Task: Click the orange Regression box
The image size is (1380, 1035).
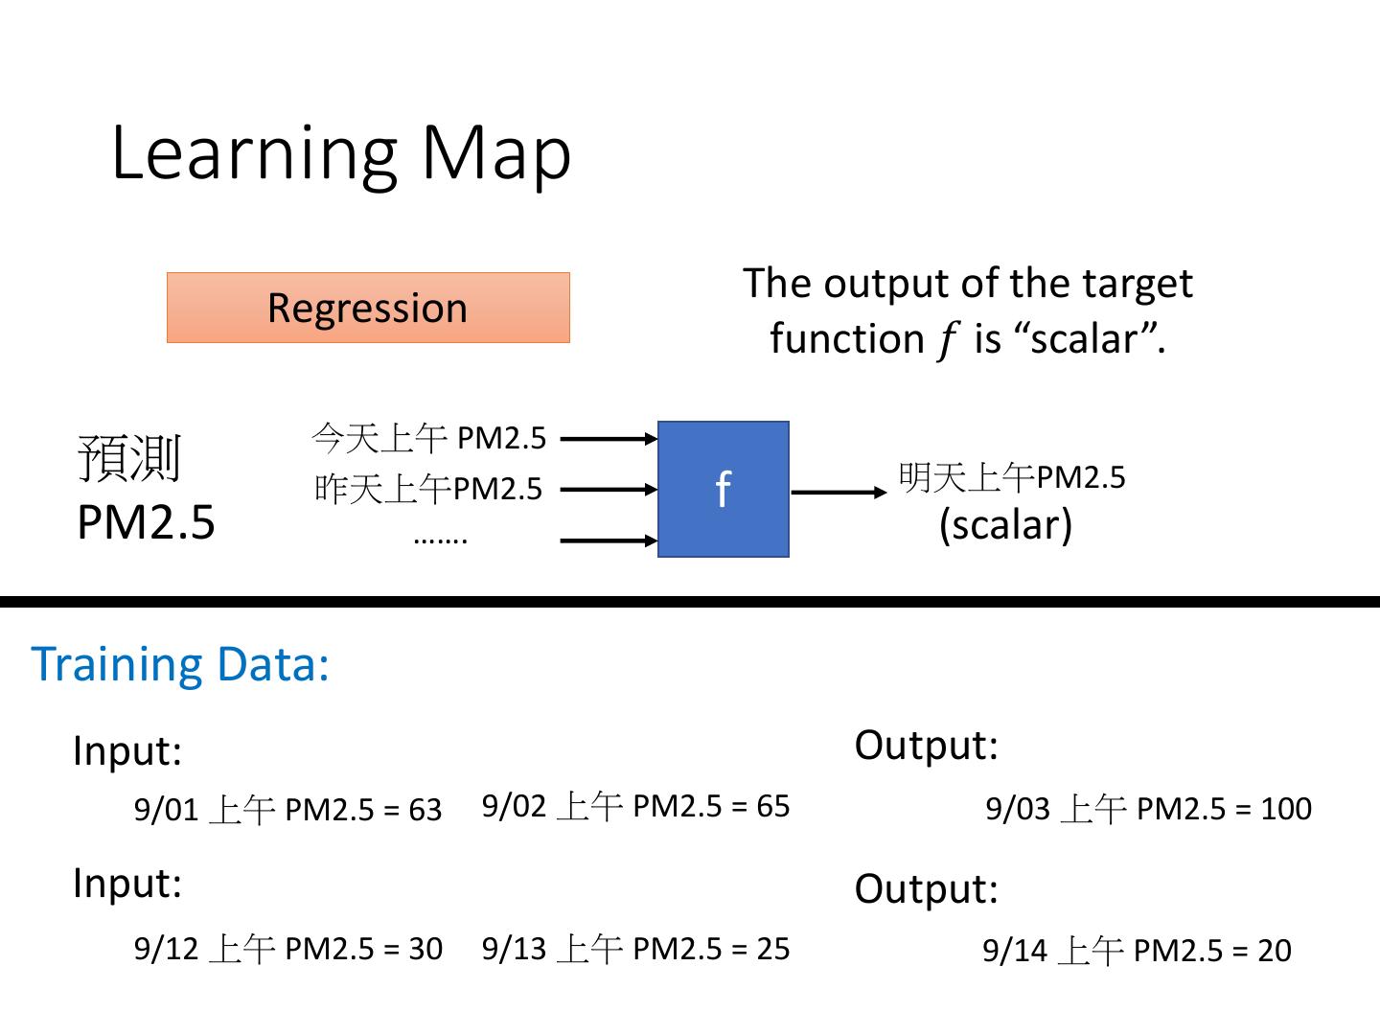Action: click(368, 308)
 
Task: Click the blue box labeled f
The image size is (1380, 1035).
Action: click(723, 489)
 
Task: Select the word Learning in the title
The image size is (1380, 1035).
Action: click(254, 155)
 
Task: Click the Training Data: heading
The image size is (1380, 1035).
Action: click(180, 664)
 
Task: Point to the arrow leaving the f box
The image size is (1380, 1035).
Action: click(839, 492)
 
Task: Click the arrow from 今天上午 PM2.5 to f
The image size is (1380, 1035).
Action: click(609, 439)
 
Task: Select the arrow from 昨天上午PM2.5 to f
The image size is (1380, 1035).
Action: click(609, 489)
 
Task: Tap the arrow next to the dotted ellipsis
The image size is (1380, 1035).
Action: click(609, 540)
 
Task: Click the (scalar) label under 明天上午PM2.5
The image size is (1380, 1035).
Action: click(1005, 525)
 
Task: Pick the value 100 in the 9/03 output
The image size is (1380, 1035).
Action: click(1286, 808)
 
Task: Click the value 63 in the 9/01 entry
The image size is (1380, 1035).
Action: click(425, 810)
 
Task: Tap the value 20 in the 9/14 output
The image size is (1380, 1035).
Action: click(1275, 950)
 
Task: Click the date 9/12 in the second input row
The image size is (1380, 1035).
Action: click(166, 949)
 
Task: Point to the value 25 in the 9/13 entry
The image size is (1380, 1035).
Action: click(772, 949)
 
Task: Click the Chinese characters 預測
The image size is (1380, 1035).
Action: click(129, 458)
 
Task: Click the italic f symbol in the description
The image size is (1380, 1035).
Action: click(948, 340)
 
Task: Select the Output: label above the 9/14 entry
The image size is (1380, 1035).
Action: click(926, 888)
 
